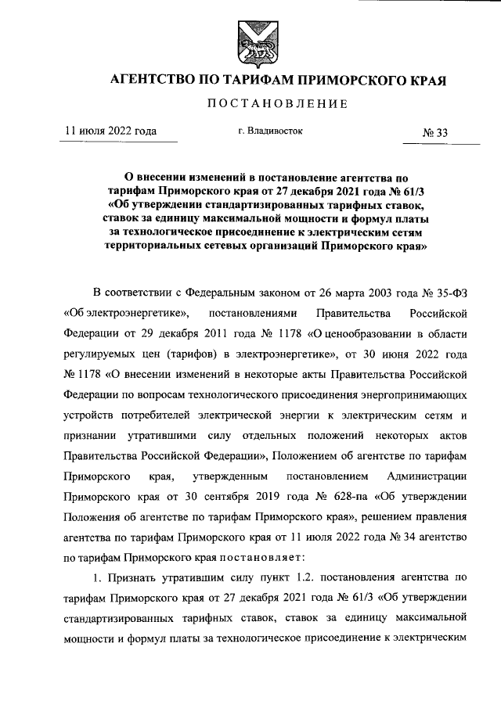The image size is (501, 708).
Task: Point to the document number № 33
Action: tap(435, 133)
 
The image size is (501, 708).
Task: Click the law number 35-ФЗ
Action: tap(450, 293)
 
